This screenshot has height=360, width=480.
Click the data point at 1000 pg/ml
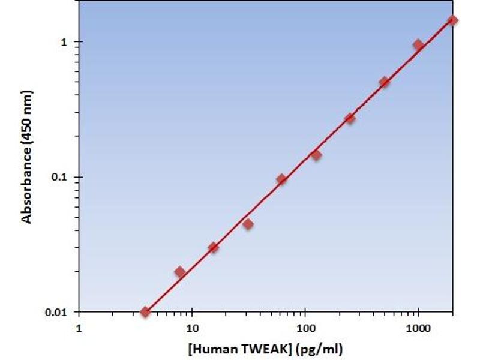[x=418, y=45]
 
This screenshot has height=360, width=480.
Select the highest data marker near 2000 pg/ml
[x=452, y=20]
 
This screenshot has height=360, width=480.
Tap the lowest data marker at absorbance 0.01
[x=145, y=312]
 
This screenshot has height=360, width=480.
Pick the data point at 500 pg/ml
[x=385, y=82]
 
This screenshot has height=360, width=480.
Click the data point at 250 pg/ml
[x=350, y=118]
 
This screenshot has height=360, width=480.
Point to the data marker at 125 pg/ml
[x=316, y=155]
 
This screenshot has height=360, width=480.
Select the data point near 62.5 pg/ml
[x=281, y=179]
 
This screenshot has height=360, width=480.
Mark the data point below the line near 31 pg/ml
[x=248, y=224]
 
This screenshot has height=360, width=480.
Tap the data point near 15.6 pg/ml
[x=213, y=247]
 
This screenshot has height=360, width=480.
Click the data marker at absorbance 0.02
[x=180, y=272]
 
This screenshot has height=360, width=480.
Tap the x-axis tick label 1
[x=79, y=329]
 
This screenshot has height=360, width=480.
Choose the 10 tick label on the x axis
[x=192, y=329]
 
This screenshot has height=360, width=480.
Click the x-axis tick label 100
[x=305, y=329]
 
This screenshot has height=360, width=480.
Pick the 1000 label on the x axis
[x=418, y=329]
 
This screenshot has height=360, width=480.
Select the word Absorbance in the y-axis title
[x=26, y=179]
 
